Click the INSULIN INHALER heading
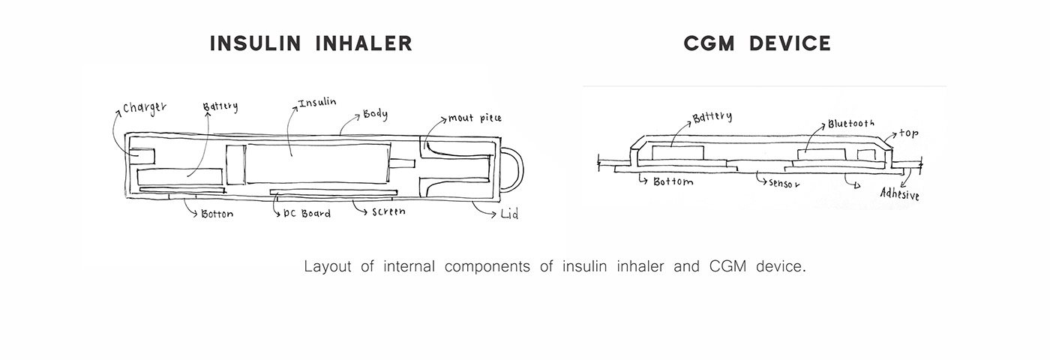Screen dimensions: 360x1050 click(x=310, y=43)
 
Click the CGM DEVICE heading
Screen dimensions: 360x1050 click(x=757, y=43)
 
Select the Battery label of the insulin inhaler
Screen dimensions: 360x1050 click(x=220, y=106)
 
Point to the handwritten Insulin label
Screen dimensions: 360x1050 click(x=317, y=103)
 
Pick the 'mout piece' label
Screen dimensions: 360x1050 click(x=475, y=118)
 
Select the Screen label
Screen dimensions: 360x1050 click(x=388, y=211)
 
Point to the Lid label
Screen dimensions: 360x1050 click(x=509, y=215)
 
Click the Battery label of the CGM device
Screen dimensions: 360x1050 click(x=712, y=118)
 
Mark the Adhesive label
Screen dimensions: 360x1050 click(x=899, y=196)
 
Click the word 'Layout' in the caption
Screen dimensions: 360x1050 click(x=328, y=266)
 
